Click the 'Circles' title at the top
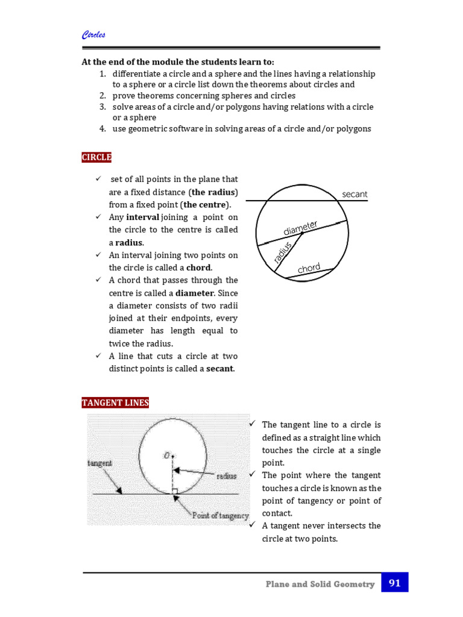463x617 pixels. (x=93, y=35)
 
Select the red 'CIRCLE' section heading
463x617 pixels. (x=97, y=157)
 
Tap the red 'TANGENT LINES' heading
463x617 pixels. (x=115, y=402)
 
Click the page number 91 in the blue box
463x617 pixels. (x=395, y=583)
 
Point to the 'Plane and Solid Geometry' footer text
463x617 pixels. (x=320, y=584)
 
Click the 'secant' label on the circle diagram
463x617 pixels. (x=354, y=194)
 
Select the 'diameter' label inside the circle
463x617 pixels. (x=300, y=228)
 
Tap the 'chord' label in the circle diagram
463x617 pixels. (x=309, y=268)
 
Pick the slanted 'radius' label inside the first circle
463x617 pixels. (x=282, y=252)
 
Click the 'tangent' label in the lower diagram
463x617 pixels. (x=99, y=463)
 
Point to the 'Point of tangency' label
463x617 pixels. (x=220, y=515)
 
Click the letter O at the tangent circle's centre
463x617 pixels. (x=166, y=456)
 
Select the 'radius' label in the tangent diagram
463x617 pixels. (x=226, y=475)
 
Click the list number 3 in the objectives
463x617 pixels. (x=102, y=107)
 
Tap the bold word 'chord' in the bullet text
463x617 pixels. (x=198, y=268)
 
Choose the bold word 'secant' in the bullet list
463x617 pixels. (x=219, y=369)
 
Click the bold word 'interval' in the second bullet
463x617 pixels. (x=143, y=217)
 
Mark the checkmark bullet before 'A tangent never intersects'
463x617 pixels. (x=253, y=525)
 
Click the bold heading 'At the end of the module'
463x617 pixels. (x=178, y=62)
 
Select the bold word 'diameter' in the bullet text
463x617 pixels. (x=194, y=293)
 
